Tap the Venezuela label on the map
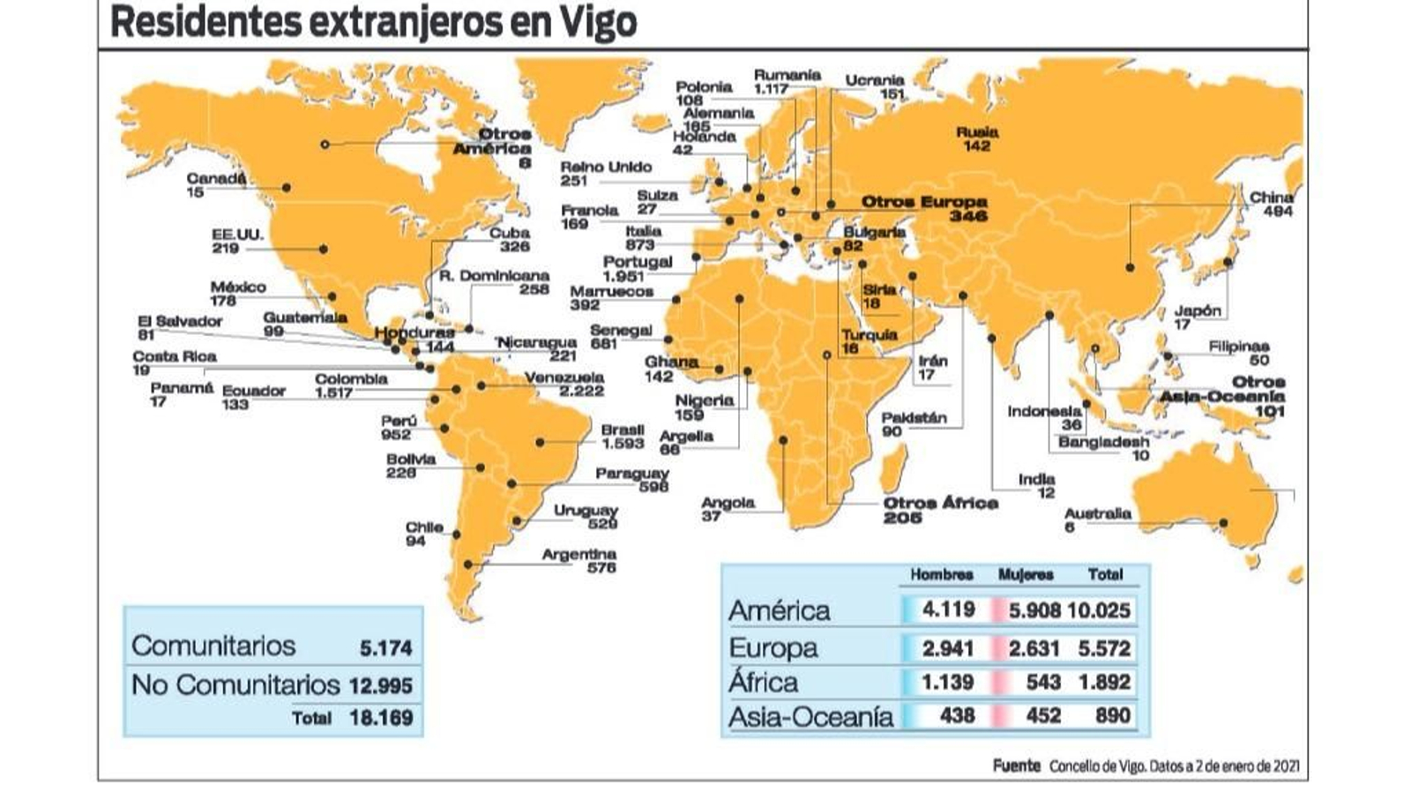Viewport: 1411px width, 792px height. (x=564, y=377)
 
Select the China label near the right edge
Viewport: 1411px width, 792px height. (x=1272, y=198)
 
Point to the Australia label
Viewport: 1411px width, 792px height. (x=1097, y=513)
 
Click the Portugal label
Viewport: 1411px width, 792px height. (x=638, y=262)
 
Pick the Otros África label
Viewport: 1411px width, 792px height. (x=941, y=503)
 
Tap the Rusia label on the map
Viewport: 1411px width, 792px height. (x=977, y=132)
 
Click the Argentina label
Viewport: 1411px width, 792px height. (x=579, y=554)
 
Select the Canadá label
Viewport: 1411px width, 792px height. (x=216, y=178)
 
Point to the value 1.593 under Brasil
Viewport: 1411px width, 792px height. (x=623, y=444)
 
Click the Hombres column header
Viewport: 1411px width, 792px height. (x=942, y=574)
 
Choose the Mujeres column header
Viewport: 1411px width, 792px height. (x=1026, y=574)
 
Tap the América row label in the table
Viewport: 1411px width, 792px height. (x=779, y=610)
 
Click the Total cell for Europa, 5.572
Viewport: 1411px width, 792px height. (x=1104, y=648)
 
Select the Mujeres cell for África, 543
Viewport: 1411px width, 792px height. (x=1043, y=682)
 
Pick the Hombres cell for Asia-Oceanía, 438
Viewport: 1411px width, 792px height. (x=957, y=715)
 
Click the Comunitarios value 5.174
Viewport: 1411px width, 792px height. (x=385, y=648)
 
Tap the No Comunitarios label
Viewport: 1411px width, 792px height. (x=235, y=684)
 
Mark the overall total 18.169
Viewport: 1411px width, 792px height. (x=381, y=717)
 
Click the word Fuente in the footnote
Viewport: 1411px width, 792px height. (x=1017, y=766)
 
